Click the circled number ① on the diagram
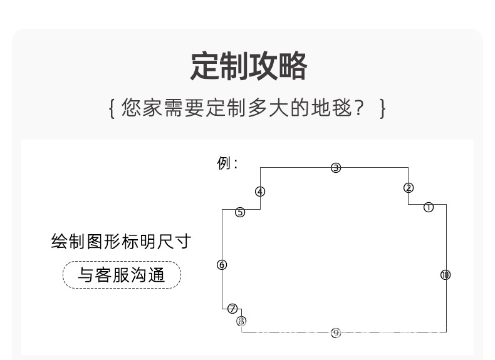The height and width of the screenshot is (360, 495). point(429,207)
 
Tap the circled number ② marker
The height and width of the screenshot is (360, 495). point(409,188)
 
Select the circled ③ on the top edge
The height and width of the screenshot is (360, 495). point(336,167)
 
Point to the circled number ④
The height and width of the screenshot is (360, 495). point(260,192)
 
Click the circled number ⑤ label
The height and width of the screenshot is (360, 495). point(240,212)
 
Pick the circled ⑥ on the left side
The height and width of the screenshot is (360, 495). point(222,265)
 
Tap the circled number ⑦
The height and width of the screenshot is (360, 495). point(232,308)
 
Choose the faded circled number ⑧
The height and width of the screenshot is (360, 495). point(242,321)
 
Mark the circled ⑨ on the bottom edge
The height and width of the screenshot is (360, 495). point(336,332)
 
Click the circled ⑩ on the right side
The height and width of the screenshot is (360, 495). point(445,275)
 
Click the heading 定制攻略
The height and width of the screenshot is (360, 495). point(248,67)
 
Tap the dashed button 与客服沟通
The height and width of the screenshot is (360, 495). point(122,275)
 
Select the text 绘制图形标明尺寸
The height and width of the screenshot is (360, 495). point(120,242)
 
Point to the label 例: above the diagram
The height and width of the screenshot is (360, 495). point(227,164)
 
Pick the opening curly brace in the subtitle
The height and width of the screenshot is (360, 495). point(112,108)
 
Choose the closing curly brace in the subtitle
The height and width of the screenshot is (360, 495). point(382,108)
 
